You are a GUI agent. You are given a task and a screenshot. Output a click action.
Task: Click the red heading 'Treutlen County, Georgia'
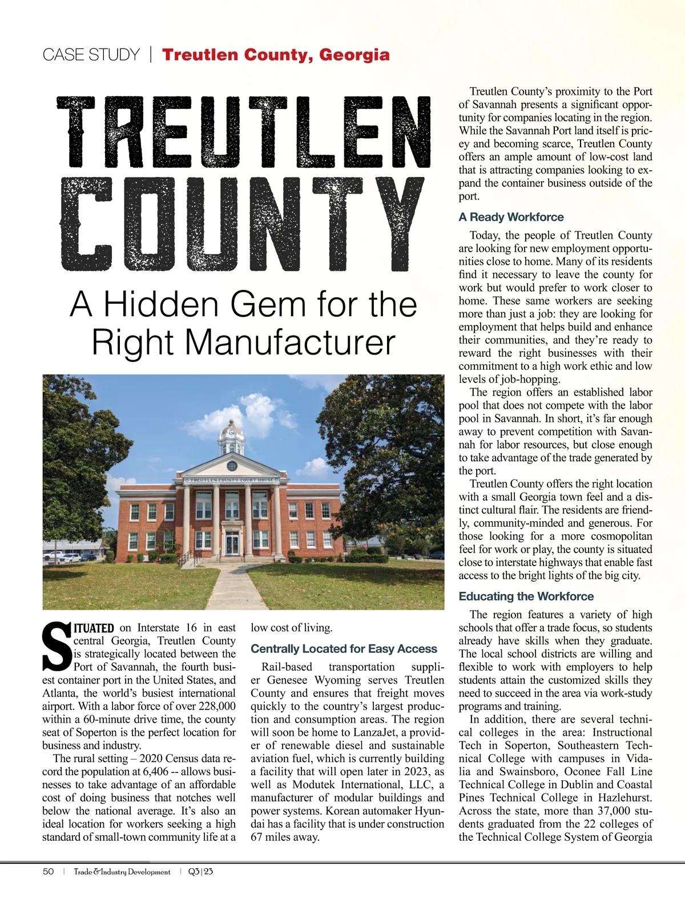[x=276, y=55]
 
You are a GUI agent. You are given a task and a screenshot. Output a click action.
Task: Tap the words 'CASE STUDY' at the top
[x=91, y=55]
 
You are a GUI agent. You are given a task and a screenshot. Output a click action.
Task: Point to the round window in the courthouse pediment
[x=232, y=466]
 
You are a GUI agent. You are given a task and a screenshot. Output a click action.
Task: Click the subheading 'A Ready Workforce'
[x=511, y=217]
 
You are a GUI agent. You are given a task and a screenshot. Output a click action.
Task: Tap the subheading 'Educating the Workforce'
[x=526, y=596]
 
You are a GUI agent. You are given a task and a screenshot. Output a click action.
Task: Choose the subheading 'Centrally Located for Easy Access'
[x=344, y=649]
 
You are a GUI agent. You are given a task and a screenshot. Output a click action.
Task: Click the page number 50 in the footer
[x=49, y=872]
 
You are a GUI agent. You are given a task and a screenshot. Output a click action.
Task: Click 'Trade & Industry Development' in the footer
[x=122, y=872]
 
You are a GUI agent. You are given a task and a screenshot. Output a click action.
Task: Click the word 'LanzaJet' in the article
[x=375, y=732]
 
